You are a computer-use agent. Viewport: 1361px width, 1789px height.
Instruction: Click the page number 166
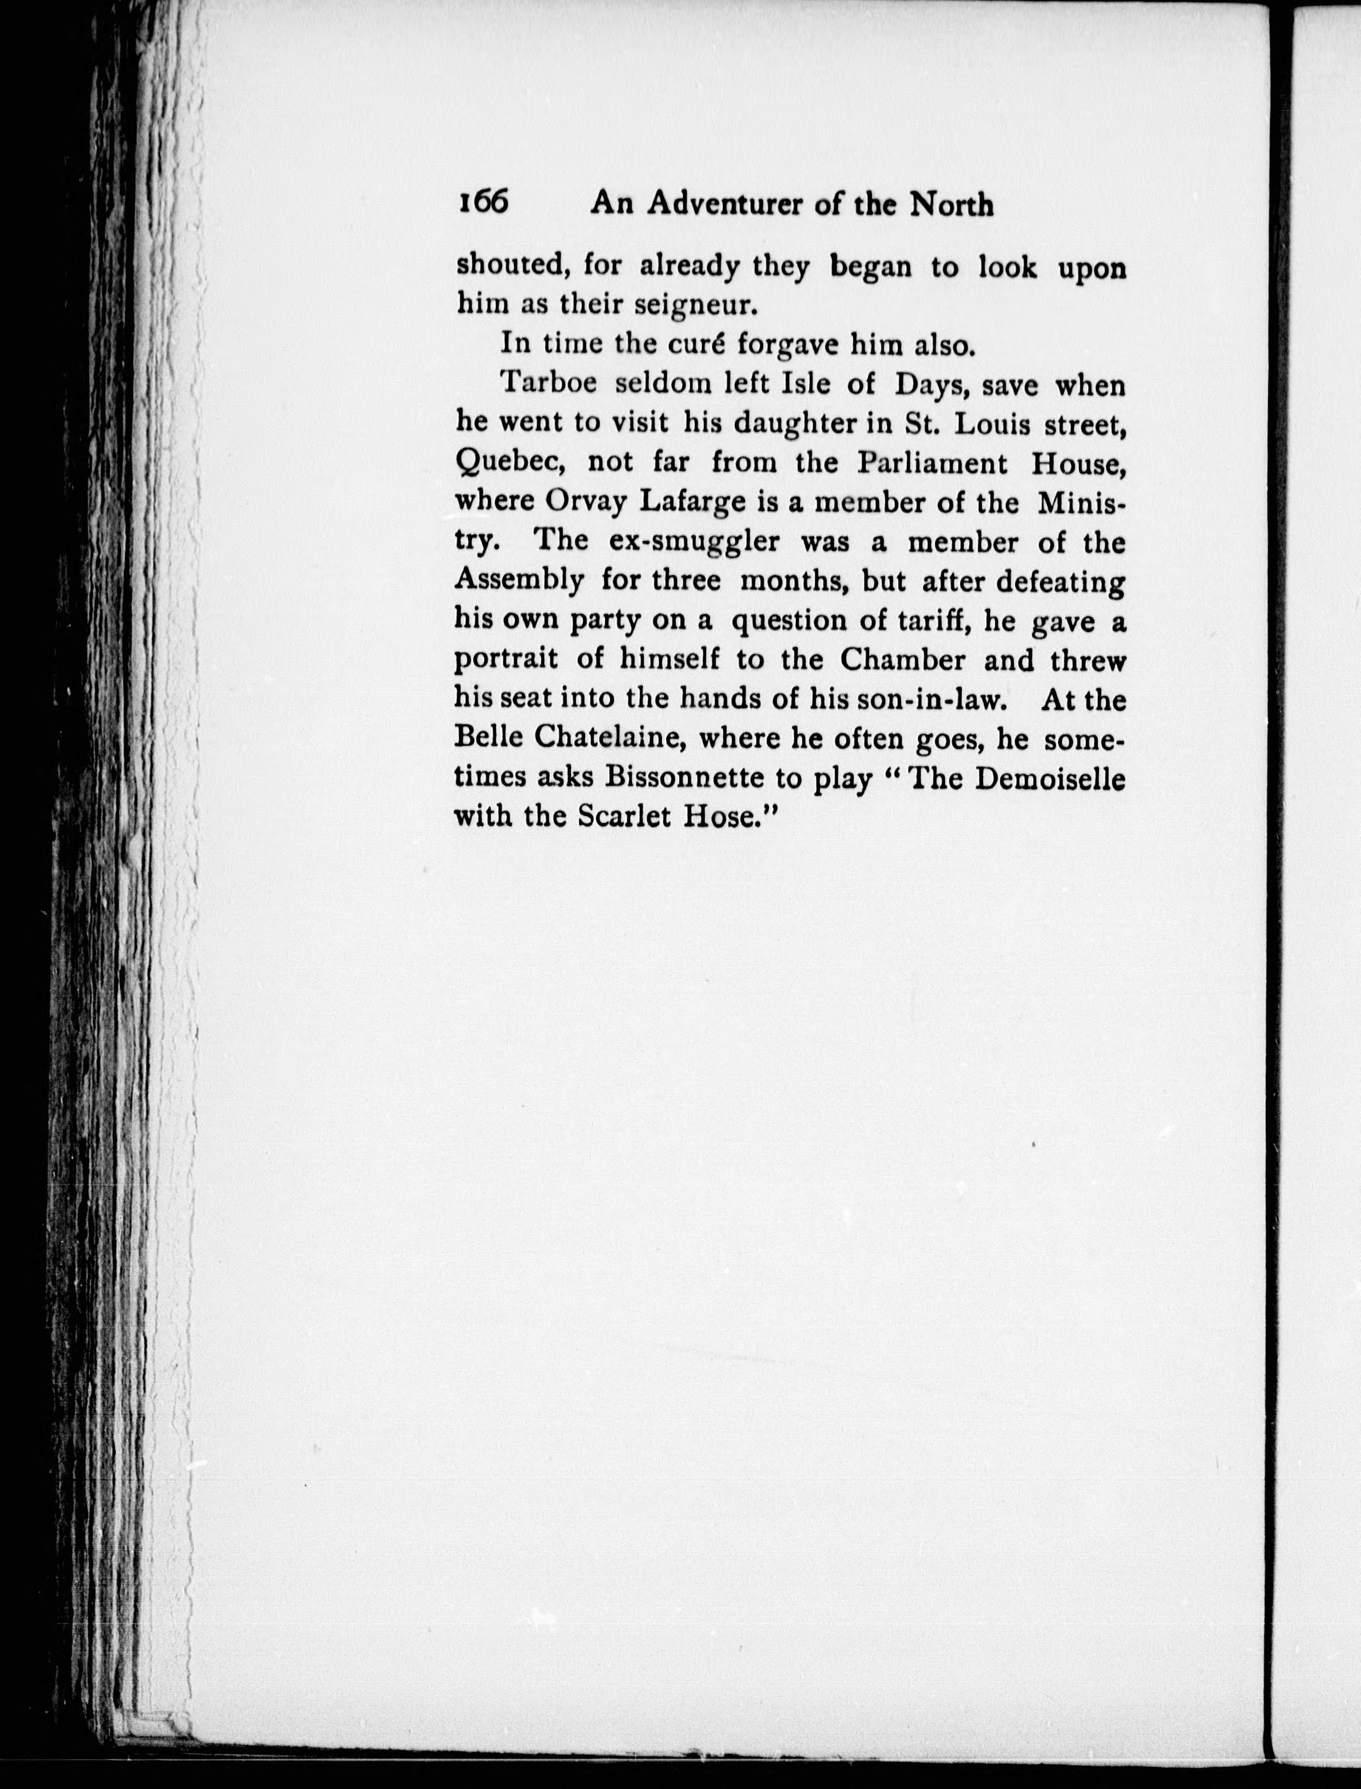(483, 202)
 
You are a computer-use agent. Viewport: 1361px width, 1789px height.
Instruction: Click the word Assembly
(519, 583)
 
